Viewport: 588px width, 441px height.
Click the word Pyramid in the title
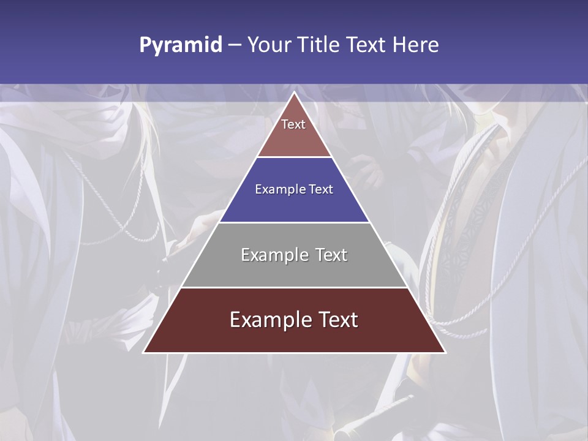(x=181, y=45)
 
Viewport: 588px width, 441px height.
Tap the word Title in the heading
(x=318, y=45)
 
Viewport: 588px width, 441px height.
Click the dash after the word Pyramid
(x=235, y=45)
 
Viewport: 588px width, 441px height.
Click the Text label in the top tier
(x=293, y=124)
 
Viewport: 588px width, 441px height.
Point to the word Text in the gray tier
(x=331, y=255)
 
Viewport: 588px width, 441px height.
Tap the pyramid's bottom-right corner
(x=445, y=352)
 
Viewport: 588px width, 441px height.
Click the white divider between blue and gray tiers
(x=295, y=222)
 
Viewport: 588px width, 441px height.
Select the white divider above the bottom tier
(x=295, y=287)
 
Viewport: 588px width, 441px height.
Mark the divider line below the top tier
(x=295, y=157)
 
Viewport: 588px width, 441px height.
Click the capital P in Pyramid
(x=145, y=45)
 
